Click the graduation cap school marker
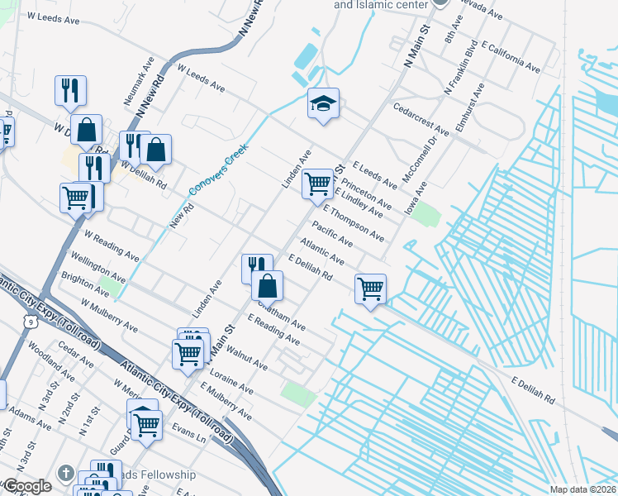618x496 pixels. pyautogui.click(x=324, y=104)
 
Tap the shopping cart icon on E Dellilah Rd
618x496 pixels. pyautogui.click(x=370, y=289)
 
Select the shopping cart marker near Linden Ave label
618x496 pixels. pyautogui.click(x=317, y=184)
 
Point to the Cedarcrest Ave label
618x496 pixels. pyautogui.click(x=421, y=120)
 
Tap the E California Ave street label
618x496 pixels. pyautogui.click(x=504, y=52)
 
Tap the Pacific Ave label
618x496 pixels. pyautogui.click(x=332, y=233)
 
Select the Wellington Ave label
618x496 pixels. pyautogui.click(x=97, y=266)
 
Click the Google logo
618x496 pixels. pyautogui.click(x=26, y=486)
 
